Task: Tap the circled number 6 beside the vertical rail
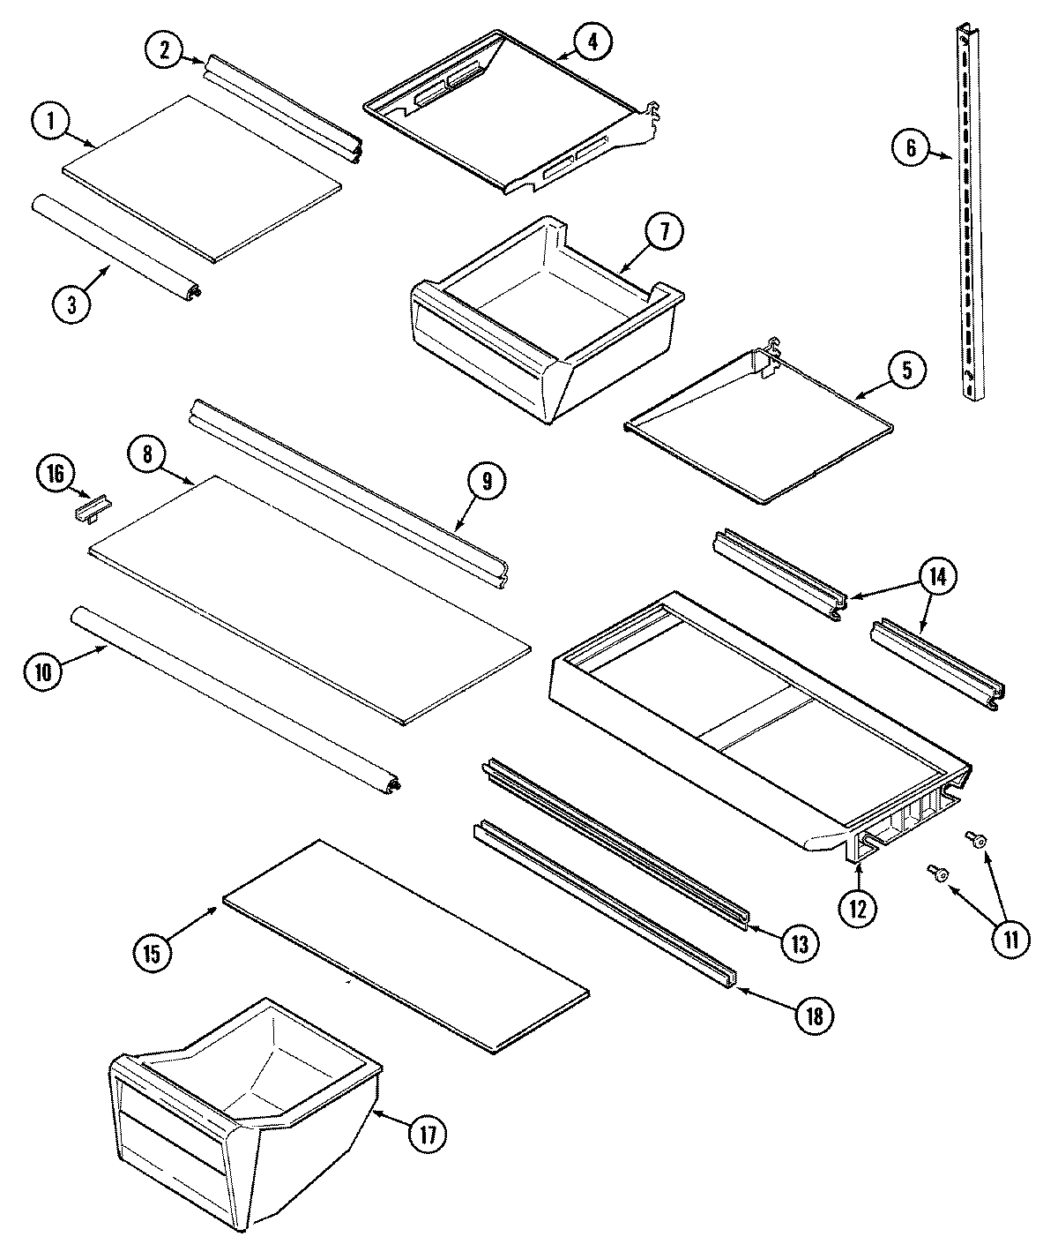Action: tap(911, 147)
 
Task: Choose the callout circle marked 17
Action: tap(424, 1133)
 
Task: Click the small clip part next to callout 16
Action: tap(93, 509)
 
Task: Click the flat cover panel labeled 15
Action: tap(406, 944)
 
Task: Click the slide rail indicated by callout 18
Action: tap(608, 909)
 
